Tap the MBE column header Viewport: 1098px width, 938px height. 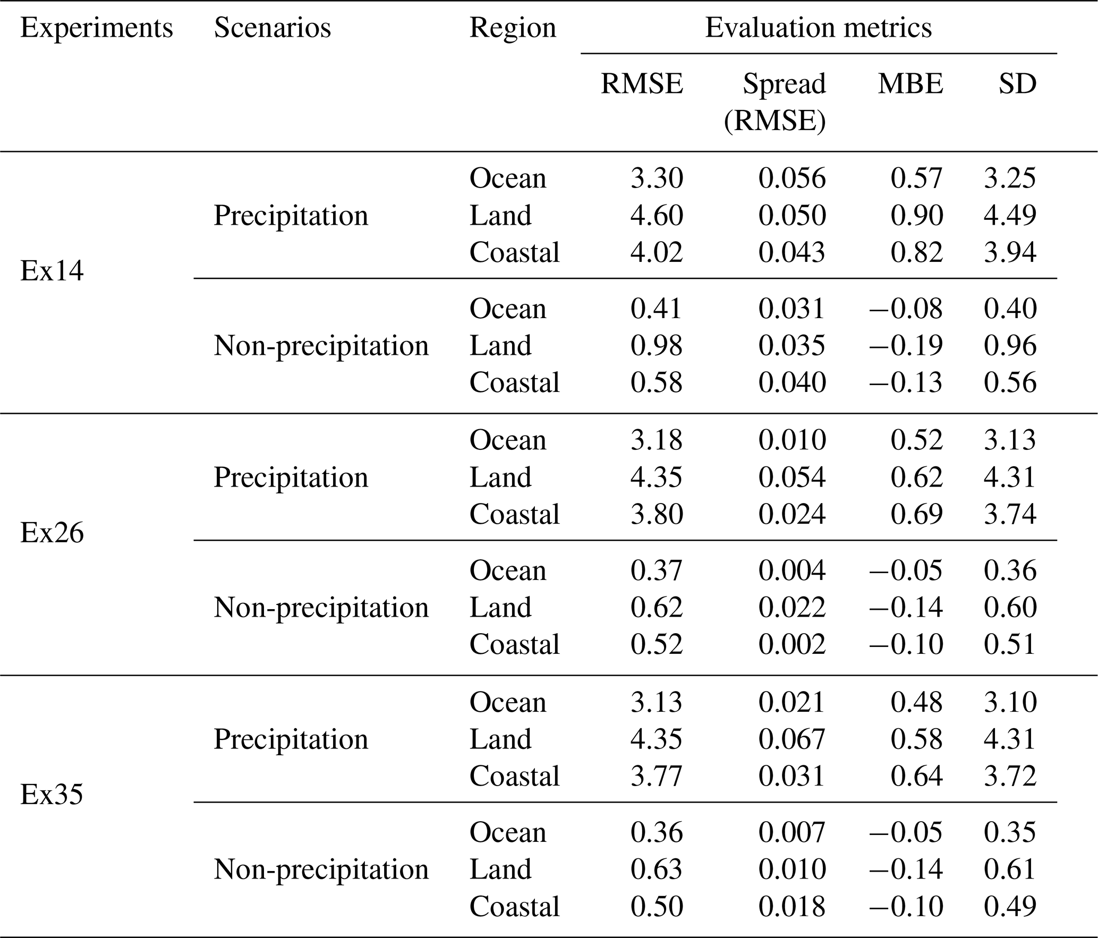pos(910,84)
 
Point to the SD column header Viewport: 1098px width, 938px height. pos(1018,84)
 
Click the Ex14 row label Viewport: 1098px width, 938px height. pos(52,271)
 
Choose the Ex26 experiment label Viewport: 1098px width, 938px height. pos(52,533)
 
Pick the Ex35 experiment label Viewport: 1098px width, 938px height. pos(52,795)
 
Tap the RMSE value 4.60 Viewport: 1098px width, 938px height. pos(657,215)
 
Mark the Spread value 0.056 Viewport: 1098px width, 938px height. pos(792,178)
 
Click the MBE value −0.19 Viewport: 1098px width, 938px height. pos(906,345)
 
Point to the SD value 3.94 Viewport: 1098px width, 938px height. pos(1010,252)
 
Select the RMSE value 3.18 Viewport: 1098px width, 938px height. pos(657,440)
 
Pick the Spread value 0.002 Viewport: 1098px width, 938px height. pos(792,644)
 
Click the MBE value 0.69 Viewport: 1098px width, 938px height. pos(917,514)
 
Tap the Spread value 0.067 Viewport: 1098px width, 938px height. pos(792,739)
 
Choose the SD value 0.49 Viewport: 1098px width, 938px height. pos(1010,906)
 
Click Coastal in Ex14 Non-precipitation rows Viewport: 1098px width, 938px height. pos(514,382)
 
